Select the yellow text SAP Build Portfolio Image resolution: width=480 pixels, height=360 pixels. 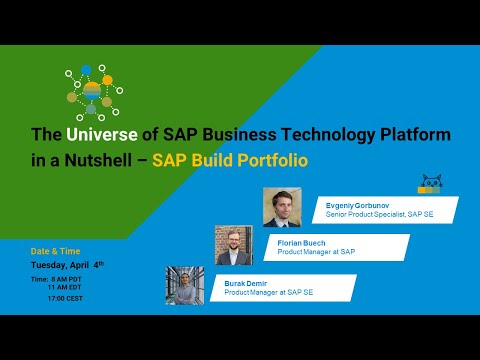coord(229,158)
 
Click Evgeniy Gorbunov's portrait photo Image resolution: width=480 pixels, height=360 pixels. coord(282,206)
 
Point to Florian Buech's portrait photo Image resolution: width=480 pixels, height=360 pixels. coord(234,244)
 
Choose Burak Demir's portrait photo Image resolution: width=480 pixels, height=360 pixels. coord(185,285)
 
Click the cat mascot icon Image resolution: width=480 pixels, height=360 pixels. coord(432,184)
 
